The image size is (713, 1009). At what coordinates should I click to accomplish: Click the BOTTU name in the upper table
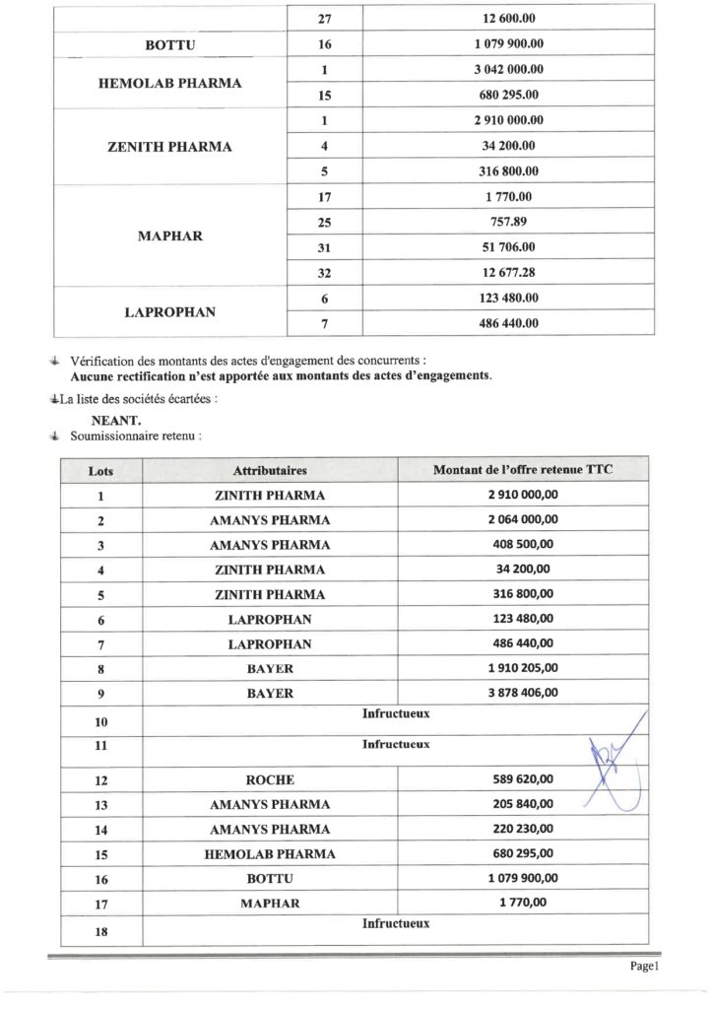[170, 44]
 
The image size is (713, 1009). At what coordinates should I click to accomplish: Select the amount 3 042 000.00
[508, 69]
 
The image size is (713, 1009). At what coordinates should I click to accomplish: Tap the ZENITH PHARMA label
[169, 147]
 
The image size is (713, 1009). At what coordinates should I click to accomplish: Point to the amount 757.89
[508, 222]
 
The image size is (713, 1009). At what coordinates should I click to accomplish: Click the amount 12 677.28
[508, 272]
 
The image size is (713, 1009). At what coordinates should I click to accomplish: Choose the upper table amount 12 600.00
[508, 19]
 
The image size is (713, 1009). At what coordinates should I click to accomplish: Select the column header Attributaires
[270, 470]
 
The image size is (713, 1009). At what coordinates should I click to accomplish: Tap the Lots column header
[100, 471]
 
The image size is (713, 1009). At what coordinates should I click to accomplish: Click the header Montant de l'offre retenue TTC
[523, 470]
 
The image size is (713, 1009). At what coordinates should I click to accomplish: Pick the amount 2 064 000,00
[523, 519]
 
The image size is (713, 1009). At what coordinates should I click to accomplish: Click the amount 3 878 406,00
[523, 693]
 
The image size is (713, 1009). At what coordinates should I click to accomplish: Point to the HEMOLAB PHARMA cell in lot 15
[270, 854]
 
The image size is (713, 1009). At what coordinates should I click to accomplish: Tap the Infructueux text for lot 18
[396, 924]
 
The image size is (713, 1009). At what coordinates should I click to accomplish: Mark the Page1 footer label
[643, 967]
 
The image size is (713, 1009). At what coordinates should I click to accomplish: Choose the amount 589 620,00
[523, 778]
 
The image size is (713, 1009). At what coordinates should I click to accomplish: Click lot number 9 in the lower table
[100, 694]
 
